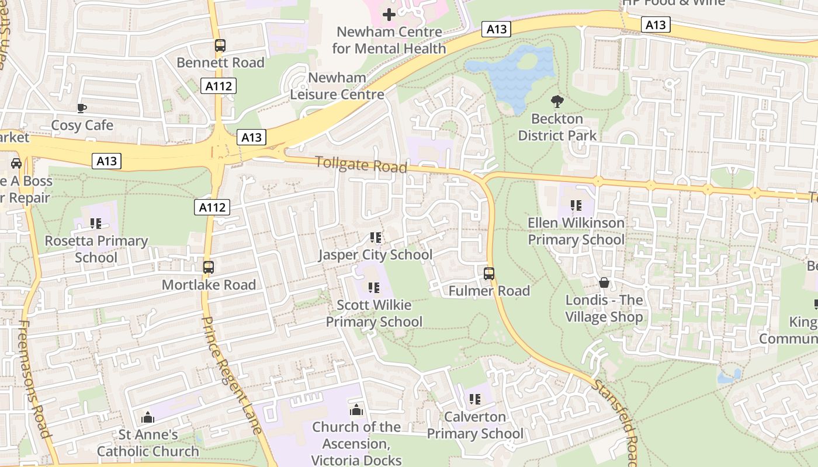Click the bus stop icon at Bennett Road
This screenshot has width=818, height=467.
click(220, 46)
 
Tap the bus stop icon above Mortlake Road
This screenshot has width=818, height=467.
click(209, 267)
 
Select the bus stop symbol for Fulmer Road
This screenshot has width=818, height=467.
click(489, 273)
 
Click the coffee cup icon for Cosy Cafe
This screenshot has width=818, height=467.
click(82, 108)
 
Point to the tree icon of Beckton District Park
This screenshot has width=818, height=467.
click(557, 102)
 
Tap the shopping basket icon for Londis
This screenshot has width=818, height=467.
click(604, 283)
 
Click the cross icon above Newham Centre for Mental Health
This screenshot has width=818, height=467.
click(389, 14)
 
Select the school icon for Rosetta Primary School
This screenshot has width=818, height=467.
click(96, 223)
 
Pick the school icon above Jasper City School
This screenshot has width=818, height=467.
click(375, 238)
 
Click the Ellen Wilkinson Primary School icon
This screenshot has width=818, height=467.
click(576, 205)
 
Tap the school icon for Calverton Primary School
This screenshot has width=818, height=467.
click(474, 399)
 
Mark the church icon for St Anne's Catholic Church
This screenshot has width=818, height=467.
click(148, 417)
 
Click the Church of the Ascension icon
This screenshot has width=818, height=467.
click(356, 410)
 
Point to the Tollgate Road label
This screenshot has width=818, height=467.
click(361, 164)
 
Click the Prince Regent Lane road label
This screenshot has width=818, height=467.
click(232, 374)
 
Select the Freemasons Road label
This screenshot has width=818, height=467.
click(36, 379)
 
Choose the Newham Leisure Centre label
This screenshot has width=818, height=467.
click(337, 86)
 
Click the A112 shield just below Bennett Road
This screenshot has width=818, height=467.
click(219, 86)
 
